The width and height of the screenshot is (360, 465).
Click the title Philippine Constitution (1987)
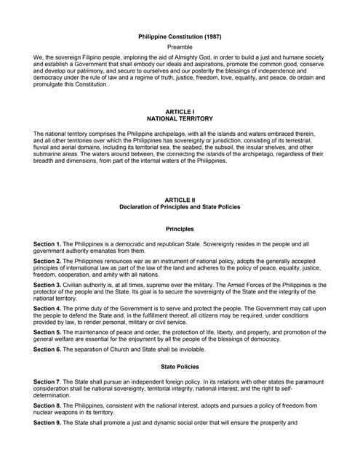pos(180,36)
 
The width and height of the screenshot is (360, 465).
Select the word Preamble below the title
pos(180,46)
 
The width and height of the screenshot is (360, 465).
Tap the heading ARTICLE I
pos(180,111)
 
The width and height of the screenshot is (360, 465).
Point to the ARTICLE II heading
pos(180,199)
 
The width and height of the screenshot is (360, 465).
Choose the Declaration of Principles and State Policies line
pos(180,206)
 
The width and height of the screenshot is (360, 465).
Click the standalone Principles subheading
pos(180,229)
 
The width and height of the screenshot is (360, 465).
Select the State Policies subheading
pos(180,366)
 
